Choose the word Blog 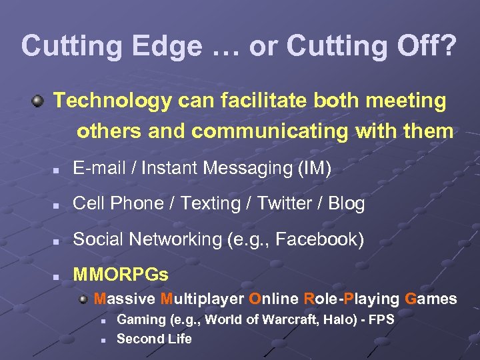[347, 203]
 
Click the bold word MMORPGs [121, 274]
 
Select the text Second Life [154, 339]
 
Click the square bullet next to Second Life [105, 340]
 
